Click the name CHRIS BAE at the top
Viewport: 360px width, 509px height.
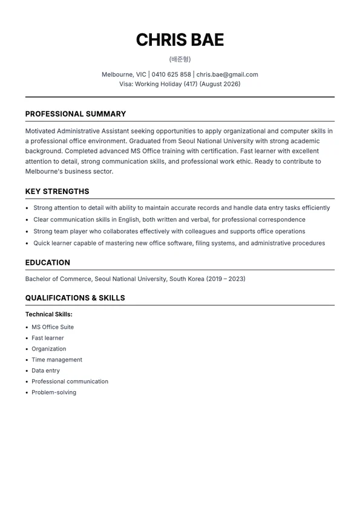coord(180,40)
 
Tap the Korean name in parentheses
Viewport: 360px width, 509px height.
coord(180,59)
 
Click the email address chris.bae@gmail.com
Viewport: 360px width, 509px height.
coord(227,74)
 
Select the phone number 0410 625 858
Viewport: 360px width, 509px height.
coord(171,74)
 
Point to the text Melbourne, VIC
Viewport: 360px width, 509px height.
coord(123,74)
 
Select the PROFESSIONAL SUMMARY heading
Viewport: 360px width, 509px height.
coord(76,114)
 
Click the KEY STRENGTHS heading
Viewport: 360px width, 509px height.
coord(57,192)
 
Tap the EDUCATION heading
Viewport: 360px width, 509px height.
coord(47,263)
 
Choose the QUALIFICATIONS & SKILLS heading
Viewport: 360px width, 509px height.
coord(75,298)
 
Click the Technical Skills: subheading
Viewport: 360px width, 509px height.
coord(48,314)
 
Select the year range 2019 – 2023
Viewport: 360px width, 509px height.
coord(226,279)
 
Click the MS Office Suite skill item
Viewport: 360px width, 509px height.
coord(53,327)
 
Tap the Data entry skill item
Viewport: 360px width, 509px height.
coord(45,371)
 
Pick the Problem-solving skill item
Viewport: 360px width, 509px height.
coord(54,392)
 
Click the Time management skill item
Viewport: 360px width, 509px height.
coord(57,360)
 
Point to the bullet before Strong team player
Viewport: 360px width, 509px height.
coord(27,232)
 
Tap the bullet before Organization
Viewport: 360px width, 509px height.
coord(27,349)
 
